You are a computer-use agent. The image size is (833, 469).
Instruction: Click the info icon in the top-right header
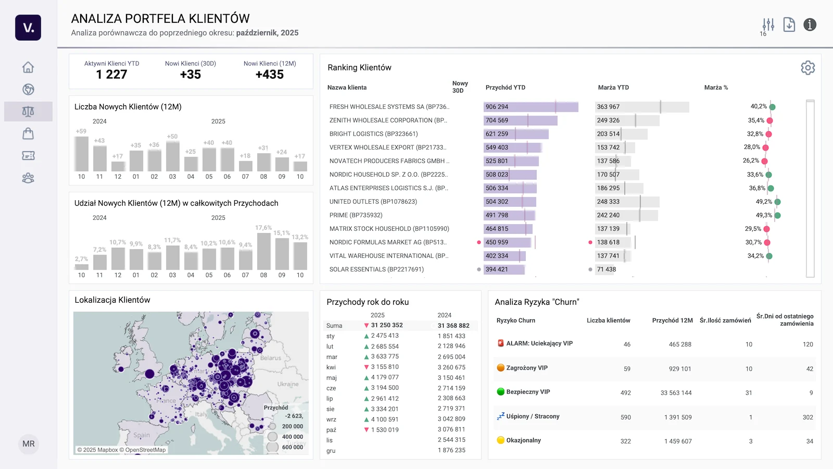pos(810,24)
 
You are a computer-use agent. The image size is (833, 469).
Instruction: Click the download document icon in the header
pos(789,24)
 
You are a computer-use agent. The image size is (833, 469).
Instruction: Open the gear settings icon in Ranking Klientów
pos(807,68)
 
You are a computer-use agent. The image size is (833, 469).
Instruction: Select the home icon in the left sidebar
pos(28,67)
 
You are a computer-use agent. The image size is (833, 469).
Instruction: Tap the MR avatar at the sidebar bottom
pos(29,444)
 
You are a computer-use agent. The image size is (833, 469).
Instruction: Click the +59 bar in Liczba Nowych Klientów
pos(81,154)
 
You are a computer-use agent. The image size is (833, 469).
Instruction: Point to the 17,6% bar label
pos(263,228)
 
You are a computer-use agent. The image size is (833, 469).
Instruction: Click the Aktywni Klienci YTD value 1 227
pos(111,75)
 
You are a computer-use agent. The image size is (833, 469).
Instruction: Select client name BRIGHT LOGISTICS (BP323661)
pos(373,134)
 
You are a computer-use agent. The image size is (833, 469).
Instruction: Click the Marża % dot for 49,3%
pos(777,215)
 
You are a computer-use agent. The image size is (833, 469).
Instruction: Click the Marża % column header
pos(716,88)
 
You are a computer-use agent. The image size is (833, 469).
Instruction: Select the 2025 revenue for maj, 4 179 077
pos(385,377)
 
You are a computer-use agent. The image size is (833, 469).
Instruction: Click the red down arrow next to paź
pos(367,430)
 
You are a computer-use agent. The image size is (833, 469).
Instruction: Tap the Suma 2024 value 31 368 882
pos(453,326)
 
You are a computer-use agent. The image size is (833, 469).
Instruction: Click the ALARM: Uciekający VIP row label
pos(539,343)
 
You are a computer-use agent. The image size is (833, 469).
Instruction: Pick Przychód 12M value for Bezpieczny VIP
pos(676,393)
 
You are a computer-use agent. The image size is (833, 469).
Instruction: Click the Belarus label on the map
pos(271,358)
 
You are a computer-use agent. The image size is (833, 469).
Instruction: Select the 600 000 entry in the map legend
pos(292,447)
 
